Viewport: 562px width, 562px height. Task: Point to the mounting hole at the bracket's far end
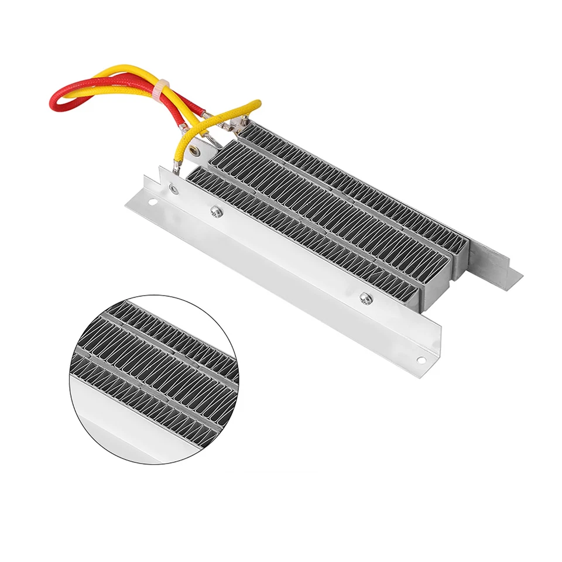[x=420, y=360]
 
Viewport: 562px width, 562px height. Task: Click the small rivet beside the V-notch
[x=173, y=188]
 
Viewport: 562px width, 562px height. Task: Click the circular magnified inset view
[x=154, y=379]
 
